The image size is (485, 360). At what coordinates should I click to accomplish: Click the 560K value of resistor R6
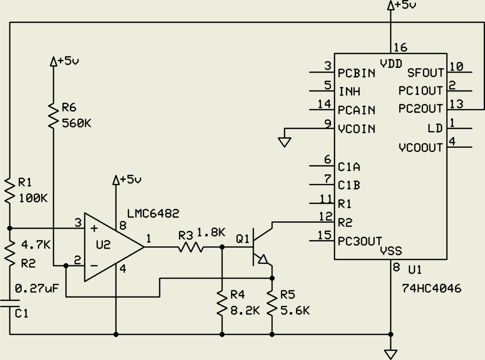pos(76,124)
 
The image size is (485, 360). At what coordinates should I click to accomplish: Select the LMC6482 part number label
pos(153,214)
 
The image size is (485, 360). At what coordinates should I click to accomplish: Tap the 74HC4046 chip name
pos(431,288)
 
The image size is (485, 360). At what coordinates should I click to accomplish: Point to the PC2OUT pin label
pos(421,109)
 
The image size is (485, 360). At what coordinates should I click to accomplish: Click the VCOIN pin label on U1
pos(357,129)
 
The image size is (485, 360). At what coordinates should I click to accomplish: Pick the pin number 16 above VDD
pos(401,47)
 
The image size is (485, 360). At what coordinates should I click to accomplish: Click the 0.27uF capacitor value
pos(36,288)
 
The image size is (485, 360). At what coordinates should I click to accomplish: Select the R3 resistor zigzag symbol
pos(191,247)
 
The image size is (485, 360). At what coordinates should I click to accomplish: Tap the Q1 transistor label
pos(242,239)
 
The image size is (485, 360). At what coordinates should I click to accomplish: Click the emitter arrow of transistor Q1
pos(263,259)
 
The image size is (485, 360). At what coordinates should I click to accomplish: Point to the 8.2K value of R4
pos(245,310)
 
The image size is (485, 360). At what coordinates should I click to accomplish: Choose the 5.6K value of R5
pos(295,310)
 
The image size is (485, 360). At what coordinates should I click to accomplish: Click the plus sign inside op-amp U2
pos(94,229)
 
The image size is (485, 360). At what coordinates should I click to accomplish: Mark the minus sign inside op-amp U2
pos(94,265)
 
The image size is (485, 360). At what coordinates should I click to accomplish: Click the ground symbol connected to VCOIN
pos(285,142)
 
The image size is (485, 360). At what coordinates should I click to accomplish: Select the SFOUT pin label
pos(425,72)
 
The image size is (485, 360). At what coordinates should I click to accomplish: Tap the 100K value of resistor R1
pos(33,198)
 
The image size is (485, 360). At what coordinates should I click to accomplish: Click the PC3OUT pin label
pos(360,241)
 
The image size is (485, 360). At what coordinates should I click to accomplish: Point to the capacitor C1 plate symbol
pos(9,303)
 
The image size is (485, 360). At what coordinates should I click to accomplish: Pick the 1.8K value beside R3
pos(211,232)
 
